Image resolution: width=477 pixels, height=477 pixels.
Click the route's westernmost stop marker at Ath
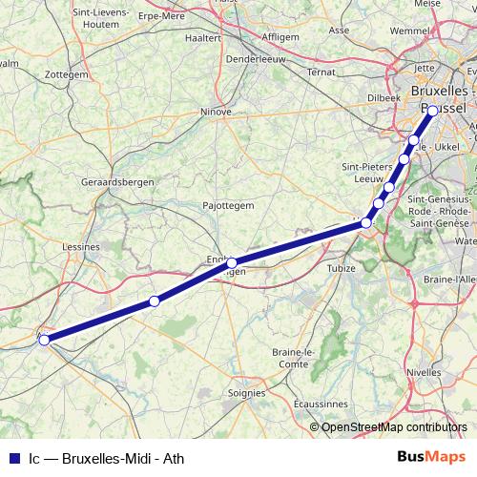click(44, 339)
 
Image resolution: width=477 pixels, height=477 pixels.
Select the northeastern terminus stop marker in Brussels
click(432, 111)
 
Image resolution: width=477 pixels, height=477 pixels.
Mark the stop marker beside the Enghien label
click(231, 262)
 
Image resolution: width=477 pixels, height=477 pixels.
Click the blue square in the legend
click(13, 458)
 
